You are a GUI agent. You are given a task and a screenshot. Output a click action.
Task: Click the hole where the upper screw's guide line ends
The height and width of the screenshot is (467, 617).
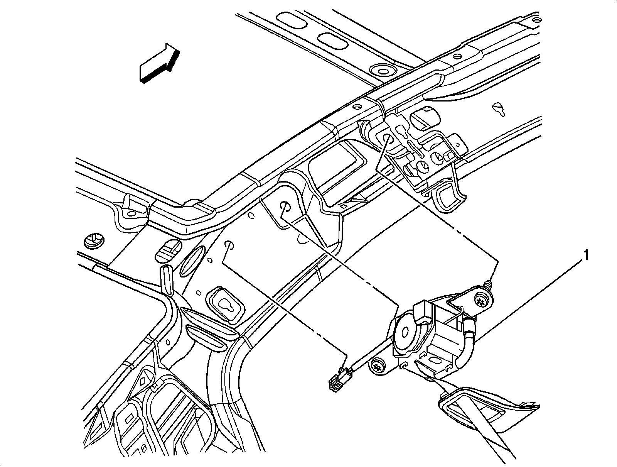(387, 139)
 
